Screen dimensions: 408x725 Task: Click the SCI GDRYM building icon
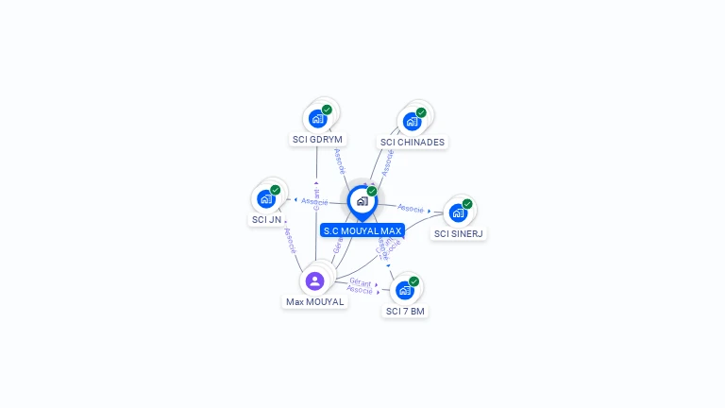click(x=317, y=119)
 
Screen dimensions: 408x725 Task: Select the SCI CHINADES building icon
click(x=412, y=121)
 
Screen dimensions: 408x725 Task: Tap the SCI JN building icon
click(x=266, y=198)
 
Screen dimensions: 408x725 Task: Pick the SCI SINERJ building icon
click(x=458, y=212)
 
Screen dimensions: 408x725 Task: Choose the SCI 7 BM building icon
click(x=405, y=290)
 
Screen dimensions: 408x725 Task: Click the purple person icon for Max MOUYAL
click(x=315, y=280)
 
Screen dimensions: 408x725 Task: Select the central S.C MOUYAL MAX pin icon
click(x=362, y=200)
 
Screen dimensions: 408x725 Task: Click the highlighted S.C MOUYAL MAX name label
click(x=362, y=230)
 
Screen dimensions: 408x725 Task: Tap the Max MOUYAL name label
click(x=314, y=302)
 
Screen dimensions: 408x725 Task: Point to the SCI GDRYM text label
click(x=317, y=140)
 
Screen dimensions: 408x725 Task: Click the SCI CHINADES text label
click(x=413, y=143)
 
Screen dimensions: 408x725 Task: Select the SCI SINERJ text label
click(x=459, y=234)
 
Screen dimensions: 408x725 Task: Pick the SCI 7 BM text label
click(x=405, y=312)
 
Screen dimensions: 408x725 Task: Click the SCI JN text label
click(x=266, y=220)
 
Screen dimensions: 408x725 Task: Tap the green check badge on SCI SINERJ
click(x=467, y=204)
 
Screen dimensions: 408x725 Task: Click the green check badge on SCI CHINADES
click(x=421, y=112)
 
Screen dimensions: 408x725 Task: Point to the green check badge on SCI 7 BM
click(x=413, y=281)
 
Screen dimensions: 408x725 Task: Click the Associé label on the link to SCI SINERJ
click(x=411, y=208)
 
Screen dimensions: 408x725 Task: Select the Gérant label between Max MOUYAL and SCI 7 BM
click(x=360, y=281)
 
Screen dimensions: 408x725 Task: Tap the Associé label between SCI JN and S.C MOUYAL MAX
click(x=314, y=202)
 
